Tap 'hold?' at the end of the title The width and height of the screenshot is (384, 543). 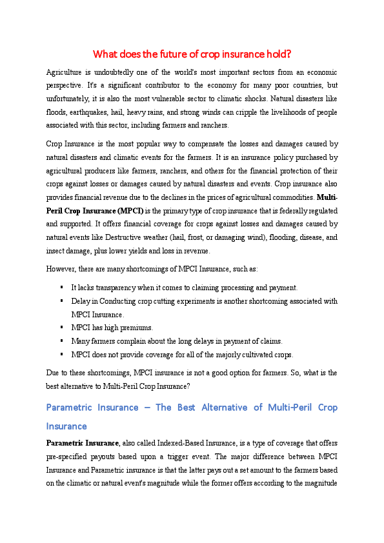click(x=278, y=54)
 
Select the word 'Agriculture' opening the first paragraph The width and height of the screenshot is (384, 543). click(x=63, y=73)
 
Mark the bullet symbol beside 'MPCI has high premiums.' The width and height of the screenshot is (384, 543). click(x=61, y=328)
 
